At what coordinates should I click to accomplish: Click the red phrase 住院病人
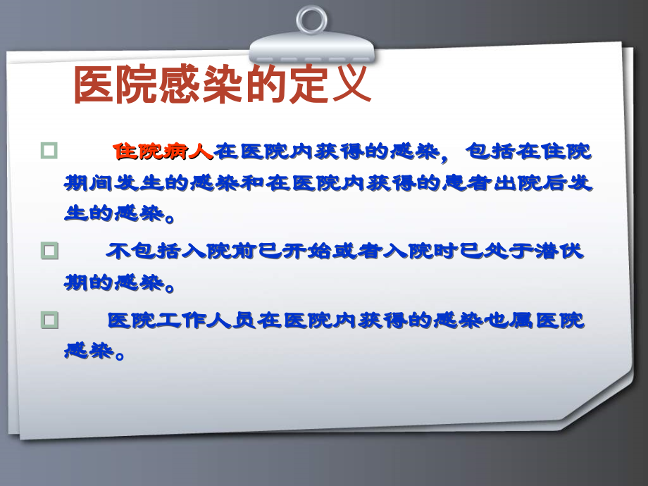point(163,150)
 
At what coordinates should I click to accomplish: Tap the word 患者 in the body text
point(468,183)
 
